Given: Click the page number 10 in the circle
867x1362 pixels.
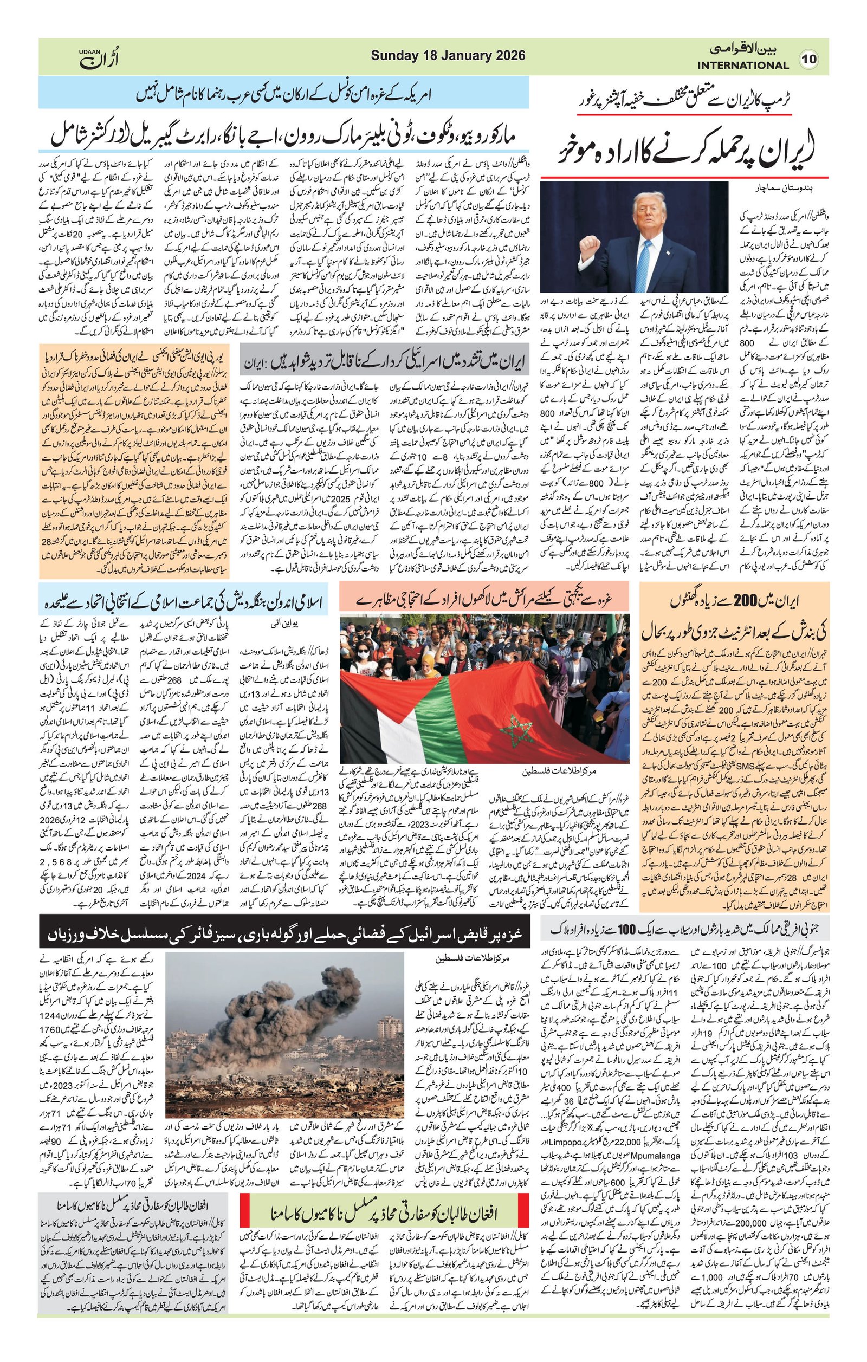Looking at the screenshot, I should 810,59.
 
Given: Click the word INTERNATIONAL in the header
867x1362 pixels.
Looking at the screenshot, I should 742,66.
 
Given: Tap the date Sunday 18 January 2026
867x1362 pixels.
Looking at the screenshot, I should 448,55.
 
